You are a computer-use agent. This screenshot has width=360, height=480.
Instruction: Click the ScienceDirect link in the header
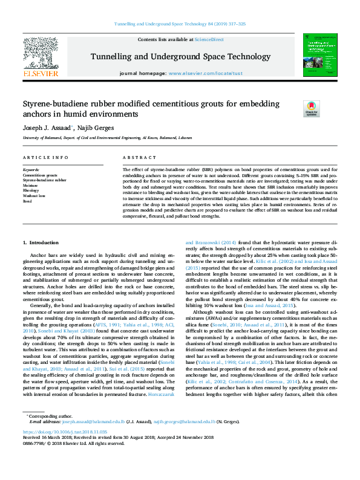click(209, 39)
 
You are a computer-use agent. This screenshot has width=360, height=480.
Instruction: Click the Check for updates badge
click(311, 109)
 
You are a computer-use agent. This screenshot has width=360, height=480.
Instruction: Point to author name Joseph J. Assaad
click(47, 129)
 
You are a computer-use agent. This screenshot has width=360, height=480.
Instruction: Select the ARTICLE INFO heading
click(45, 158)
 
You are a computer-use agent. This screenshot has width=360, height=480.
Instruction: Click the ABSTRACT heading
click(135, 158)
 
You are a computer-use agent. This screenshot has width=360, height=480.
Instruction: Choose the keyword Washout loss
click(34, 196)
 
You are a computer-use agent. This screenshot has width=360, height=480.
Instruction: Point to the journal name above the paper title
click(180, 57)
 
